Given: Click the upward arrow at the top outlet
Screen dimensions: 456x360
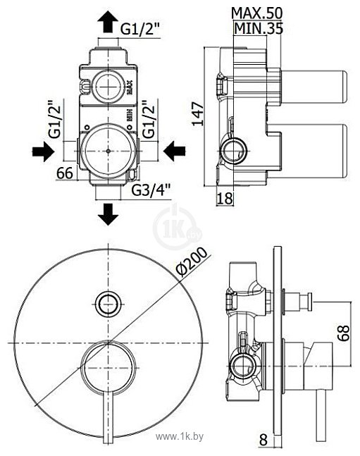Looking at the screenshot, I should click(x=107, y=22).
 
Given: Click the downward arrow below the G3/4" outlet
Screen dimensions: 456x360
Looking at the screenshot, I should click(x=107, y=212).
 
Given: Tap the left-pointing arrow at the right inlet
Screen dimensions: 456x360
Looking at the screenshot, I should click(x=173, y=150).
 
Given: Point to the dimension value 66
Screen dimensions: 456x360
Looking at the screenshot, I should click(x=64, y=172).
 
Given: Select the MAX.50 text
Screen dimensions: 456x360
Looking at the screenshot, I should click(x=257, y=13).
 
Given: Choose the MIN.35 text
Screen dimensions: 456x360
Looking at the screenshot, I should click(x=259, y=30).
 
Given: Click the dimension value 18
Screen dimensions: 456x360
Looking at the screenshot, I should click(x=224, y=199).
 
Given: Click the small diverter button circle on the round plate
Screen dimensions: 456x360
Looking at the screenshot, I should click(x=107, y=304).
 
